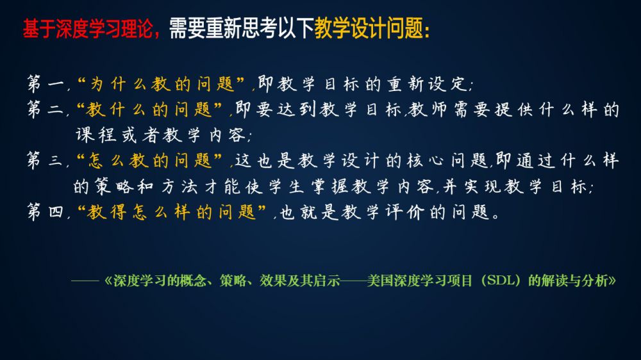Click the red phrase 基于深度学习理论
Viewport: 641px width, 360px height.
click(87, 29)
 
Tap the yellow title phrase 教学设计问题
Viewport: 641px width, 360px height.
click(369, 29)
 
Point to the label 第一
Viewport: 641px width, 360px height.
click(46, 84)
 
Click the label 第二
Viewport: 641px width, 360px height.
click(46, 109)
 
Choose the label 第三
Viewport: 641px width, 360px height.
click(46, 160)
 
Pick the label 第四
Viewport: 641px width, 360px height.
click(46, 211)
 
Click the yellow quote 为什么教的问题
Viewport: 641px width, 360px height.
click(162, 84)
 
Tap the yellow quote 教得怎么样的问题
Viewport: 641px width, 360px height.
click(171, 211)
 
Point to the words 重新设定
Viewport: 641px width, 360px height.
click(428, 84)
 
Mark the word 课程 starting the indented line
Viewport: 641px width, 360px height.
click(97, 135)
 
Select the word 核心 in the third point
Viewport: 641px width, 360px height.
click(425, 160)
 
